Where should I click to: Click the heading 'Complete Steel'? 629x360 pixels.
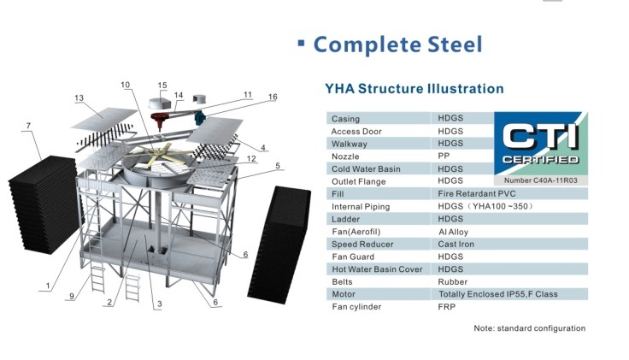click(397, 44)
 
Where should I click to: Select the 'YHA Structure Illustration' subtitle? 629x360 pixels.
click(414, 89)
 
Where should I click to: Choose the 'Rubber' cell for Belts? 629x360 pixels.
click(453, 281)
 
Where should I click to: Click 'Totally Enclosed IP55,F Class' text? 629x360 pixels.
click(498, 294)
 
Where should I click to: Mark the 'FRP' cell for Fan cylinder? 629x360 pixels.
click(448, 306)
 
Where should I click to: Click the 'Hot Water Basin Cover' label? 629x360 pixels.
click(375, 269)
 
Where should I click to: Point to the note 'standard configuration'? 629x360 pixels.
click(530, 328)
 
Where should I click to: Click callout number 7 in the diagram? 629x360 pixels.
click(28, 127)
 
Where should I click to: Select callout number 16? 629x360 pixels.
click(273, 97)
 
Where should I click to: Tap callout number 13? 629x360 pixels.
click(79, 99)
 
